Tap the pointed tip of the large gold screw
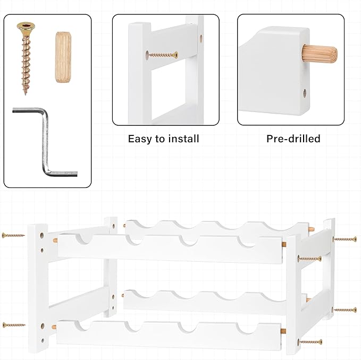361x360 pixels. coord(26,95)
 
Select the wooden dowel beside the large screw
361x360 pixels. coord(63,57)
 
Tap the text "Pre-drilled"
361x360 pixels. coord(293,139)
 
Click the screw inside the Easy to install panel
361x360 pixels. coord(162,55)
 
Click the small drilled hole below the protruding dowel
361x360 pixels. coord(305,93)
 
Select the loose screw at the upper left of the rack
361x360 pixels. coord(13,235)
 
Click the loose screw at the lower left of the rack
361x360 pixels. coord(14,325)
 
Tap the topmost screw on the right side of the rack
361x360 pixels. coord(345,239)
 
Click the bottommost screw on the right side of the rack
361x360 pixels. coord(310,342)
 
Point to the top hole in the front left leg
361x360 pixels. coord(42,235)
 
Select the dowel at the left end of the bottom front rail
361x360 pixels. coord(54,327)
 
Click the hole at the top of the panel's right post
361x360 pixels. coord(201,38)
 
